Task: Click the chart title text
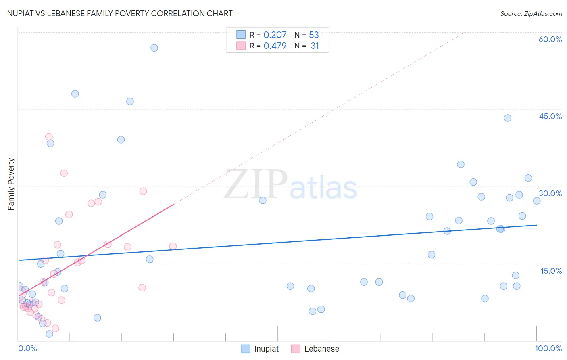[x=119, y=13]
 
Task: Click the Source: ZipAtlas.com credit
[x=531, y=13]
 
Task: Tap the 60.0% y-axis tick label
[x=550, y=39]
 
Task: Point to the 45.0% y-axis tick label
[x=550, y=116]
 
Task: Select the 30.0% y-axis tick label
[x=550, y=193]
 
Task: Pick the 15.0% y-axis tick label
[x=551, y=271]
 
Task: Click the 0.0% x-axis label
[x=28, y=348]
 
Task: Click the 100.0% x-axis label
[x=548, y=348]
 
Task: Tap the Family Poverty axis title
[x=11, y=184]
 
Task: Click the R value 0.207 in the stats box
[x=275, y=35]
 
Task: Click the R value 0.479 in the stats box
[x=275, y=46]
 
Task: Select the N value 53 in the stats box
[x=314, y=35]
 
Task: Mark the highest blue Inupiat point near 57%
[x=154, y=48]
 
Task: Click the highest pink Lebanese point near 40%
[x=49, y=137]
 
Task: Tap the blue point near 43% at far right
[x=507, y=118]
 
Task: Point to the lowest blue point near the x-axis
[x=49, y=334]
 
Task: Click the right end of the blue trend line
[x=536, y=225]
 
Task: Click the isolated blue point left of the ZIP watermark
[x=263, y=200]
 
